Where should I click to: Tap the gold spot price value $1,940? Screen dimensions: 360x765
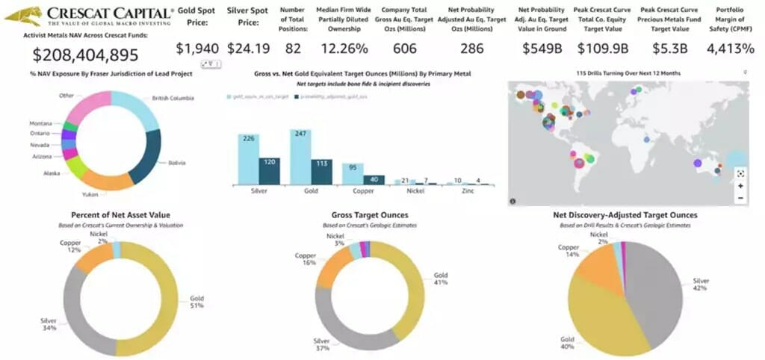[x=197, y=49]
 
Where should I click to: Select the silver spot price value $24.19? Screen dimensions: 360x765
[x=248, y=49]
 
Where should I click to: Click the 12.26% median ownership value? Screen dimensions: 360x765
[x=344, y=49]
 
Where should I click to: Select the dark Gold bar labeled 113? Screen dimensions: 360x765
[x=321, y=172]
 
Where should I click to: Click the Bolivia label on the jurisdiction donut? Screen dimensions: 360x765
[x=176, y=162]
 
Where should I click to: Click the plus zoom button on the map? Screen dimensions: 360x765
[x=740, y=185]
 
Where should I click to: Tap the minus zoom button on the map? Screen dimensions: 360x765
[x=740, y=198]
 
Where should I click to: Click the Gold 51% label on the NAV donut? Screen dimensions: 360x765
[x=197, y=302]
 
